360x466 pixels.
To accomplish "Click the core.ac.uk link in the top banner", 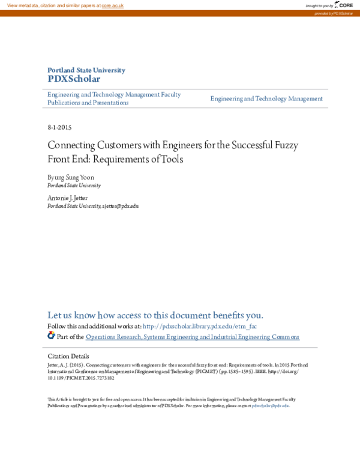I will click(x=112, y=5).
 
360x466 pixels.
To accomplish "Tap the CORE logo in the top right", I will click(x=344, y=5).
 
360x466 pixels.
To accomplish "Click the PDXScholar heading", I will click(x=74, y=79).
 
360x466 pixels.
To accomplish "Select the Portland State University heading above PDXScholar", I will click(x=86, y=70).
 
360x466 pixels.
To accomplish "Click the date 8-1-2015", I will click(x=59, y=128).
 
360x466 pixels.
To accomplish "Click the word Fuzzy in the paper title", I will click(x=284, y=145).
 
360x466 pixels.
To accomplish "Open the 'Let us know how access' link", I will click(x=155, y=315).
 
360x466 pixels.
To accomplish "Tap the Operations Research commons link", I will click(x=192, y=337).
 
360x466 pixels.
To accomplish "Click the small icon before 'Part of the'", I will click(x=51, y=336).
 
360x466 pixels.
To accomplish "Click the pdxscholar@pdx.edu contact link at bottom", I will click(x=270, y=406).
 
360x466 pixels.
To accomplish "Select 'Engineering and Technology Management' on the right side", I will click(x=266, y=98).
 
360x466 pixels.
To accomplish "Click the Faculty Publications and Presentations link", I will click(x=114, y=98).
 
